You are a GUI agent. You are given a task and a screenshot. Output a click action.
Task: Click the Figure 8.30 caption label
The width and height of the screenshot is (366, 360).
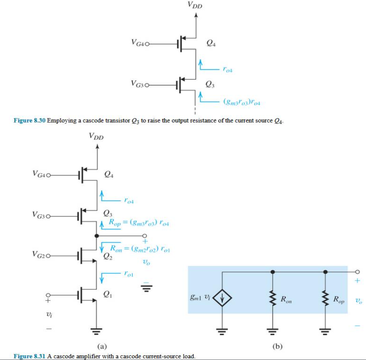29,120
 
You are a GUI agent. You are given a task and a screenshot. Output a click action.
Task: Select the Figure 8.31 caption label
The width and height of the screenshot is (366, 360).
29,356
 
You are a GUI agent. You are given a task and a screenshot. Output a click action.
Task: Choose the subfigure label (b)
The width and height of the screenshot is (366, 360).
277,347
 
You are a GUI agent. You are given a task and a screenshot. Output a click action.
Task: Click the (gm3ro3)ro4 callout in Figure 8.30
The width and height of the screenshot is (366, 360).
241,101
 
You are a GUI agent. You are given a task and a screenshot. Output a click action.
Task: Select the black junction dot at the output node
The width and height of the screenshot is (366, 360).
97,236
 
